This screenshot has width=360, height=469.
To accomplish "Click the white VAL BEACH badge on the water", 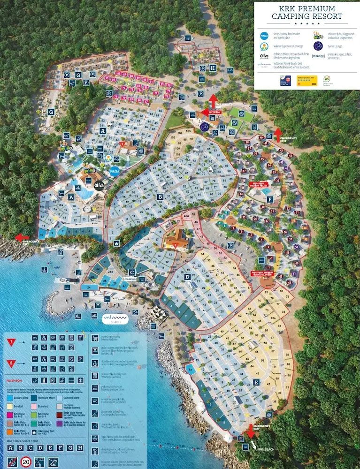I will pyautogui.click(x=115, y=320).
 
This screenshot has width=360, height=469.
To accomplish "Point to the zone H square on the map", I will pyautogui.click(x=213, y=68).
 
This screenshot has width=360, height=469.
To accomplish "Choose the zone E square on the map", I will pyautogui.click(x=256, y=382).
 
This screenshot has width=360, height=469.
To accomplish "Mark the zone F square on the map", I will pyautogui.click(x=269, y=199).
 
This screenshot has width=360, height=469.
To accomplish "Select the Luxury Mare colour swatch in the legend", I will pyautogui.click(x=11, y=397).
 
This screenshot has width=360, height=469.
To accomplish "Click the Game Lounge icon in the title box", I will pyautogui.click(x=318, y=45).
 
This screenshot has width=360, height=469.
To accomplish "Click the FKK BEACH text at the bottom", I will pyautogui.click(x=266, y=449).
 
